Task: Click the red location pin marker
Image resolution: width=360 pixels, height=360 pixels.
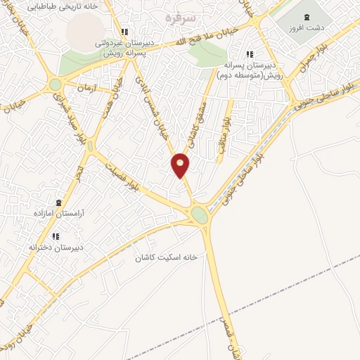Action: [181, 165]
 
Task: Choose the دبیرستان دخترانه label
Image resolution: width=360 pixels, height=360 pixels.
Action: [56, 247]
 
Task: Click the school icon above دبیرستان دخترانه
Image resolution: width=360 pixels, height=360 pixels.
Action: [56, 236]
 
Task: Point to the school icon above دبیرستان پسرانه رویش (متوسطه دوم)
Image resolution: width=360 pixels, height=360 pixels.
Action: [249, 54]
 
